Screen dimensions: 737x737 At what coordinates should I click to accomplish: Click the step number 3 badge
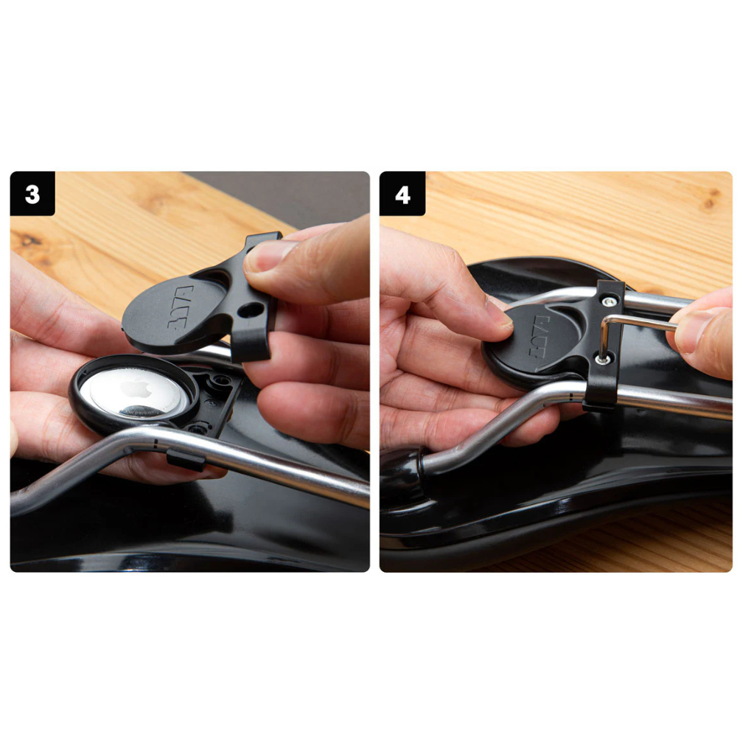click(x=32, y=194)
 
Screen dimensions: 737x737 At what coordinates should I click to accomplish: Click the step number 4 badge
click(x=402, y=194)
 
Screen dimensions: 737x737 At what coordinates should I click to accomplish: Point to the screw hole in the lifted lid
click(x=251, y=310)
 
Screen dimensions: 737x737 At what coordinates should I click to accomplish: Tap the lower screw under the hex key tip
click(x=604, y=359)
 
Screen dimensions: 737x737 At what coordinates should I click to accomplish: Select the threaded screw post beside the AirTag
click(x=219, y=381)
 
